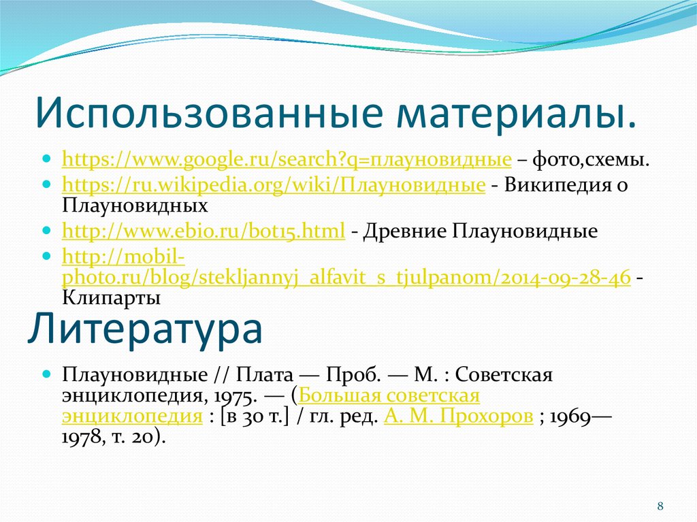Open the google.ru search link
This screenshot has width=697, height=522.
tap(287, 161)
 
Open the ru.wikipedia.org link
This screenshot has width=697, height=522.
tap(273, 185)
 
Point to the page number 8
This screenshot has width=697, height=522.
tap(660, 506)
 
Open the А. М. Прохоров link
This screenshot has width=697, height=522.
tap(458, 417)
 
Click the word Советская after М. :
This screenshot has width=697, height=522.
tap(503, 374)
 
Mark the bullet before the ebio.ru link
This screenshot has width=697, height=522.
tap(46, 232)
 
